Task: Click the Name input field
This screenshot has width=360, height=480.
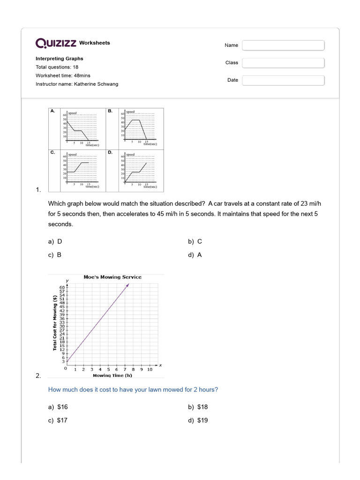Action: coord(283,45)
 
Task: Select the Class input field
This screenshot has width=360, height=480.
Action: coord(283,63)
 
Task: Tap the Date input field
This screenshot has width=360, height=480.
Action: coord(283,80)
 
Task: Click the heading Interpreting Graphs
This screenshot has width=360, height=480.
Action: coord(60,59)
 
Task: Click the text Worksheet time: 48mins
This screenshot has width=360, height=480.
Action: coord(63,75)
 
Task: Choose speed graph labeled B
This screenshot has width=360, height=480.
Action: coord(139,127)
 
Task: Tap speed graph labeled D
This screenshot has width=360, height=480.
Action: coord(139,170)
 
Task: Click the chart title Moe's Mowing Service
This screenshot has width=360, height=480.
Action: coord(112,277)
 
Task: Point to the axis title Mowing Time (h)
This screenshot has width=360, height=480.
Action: coord(112,375)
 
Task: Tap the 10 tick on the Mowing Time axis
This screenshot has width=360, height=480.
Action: coord(150,369)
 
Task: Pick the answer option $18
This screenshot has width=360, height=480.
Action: coord(198,407)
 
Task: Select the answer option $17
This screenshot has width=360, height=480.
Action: coord(58,420)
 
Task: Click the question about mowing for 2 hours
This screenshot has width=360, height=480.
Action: coord(133,390)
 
